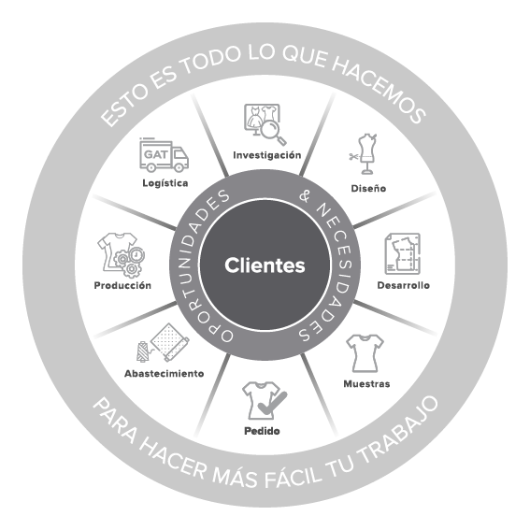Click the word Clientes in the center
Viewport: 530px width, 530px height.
265,265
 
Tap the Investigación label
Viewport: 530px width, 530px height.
267,155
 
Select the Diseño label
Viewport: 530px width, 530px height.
368,188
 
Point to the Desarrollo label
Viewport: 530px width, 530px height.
403,285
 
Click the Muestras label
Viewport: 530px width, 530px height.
366,383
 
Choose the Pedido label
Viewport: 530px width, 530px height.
262,431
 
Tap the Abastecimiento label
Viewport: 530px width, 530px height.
165,374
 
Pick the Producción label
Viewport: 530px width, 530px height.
122,285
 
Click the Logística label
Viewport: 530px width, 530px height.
165,183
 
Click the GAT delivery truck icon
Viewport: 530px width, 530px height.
164,155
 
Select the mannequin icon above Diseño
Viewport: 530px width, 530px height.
367,154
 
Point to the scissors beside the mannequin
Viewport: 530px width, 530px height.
353,156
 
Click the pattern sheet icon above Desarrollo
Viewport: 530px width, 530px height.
403,253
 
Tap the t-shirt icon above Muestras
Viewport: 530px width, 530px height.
365,353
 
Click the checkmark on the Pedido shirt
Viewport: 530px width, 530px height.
272,403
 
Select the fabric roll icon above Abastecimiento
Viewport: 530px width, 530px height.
169,342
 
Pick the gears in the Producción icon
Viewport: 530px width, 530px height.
129,261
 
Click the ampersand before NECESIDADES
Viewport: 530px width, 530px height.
306,196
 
